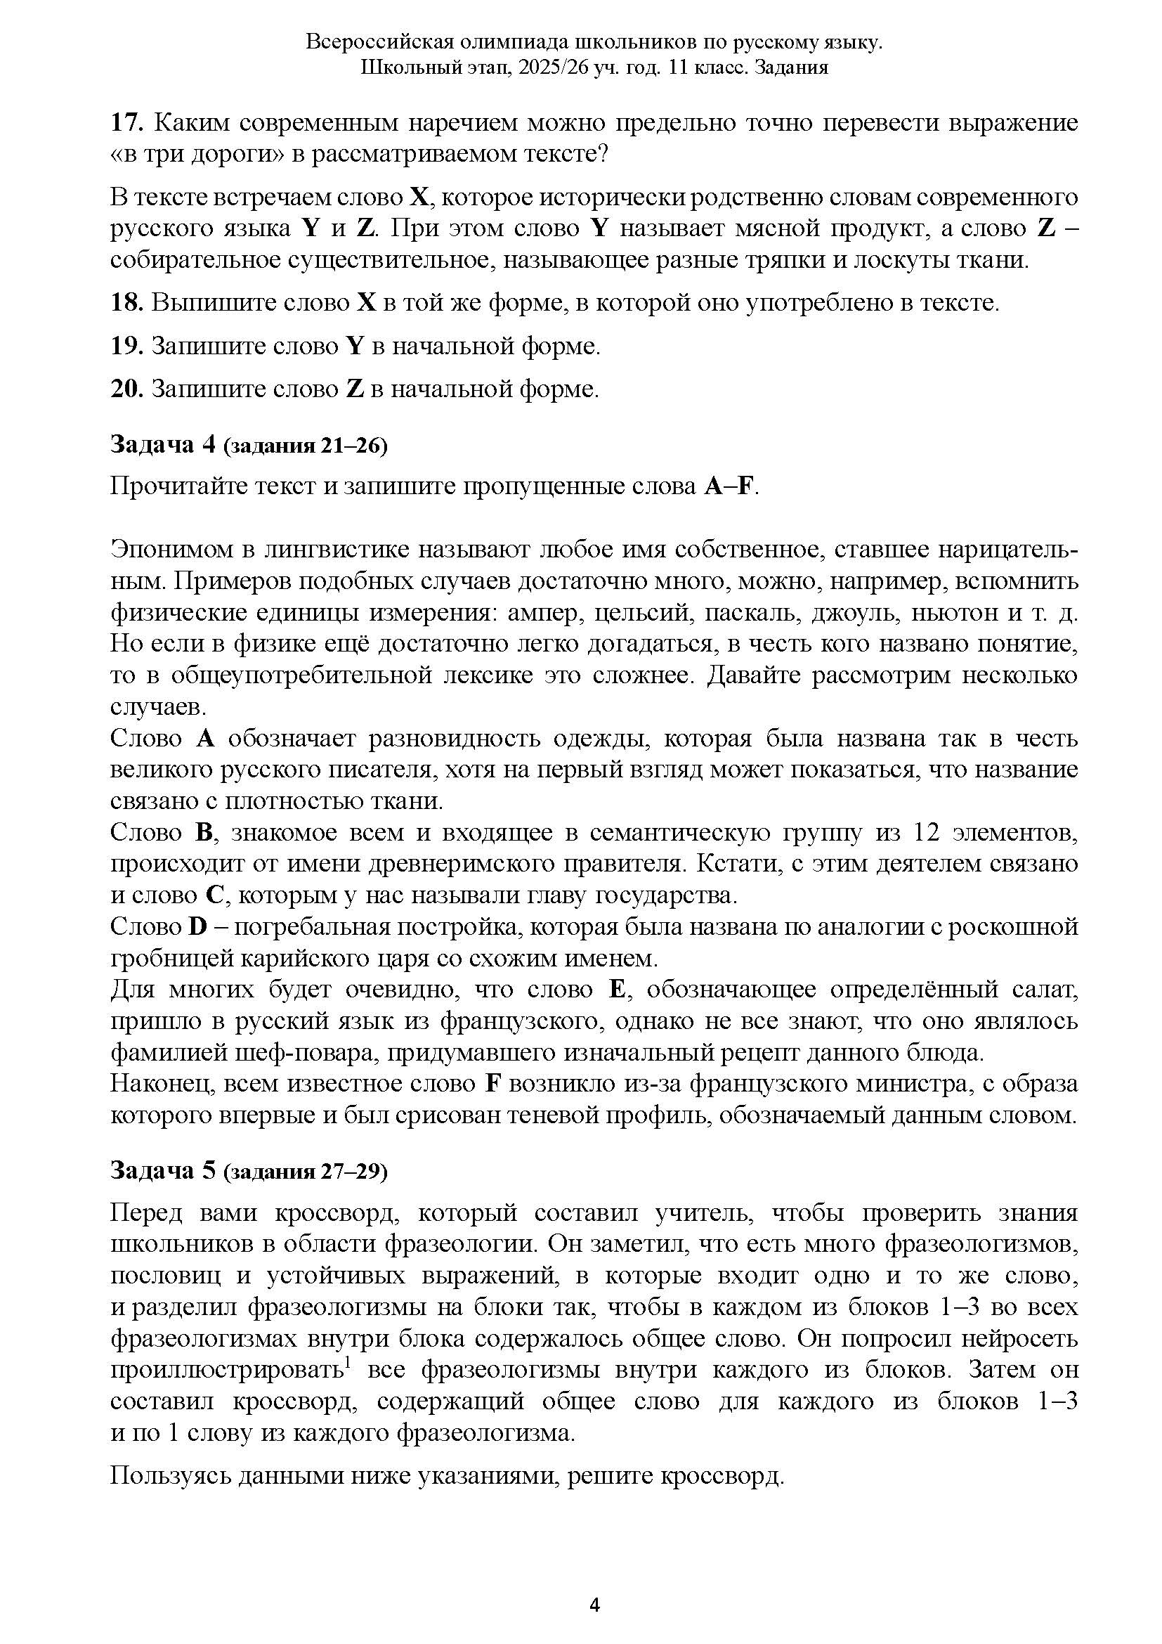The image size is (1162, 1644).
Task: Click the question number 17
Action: (x=126, y=123)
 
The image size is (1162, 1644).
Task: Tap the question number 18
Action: (x=126, y=302)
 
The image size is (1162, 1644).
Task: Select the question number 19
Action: (x=126, y=346)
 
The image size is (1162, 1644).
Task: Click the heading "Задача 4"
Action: (x=162, y=445)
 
